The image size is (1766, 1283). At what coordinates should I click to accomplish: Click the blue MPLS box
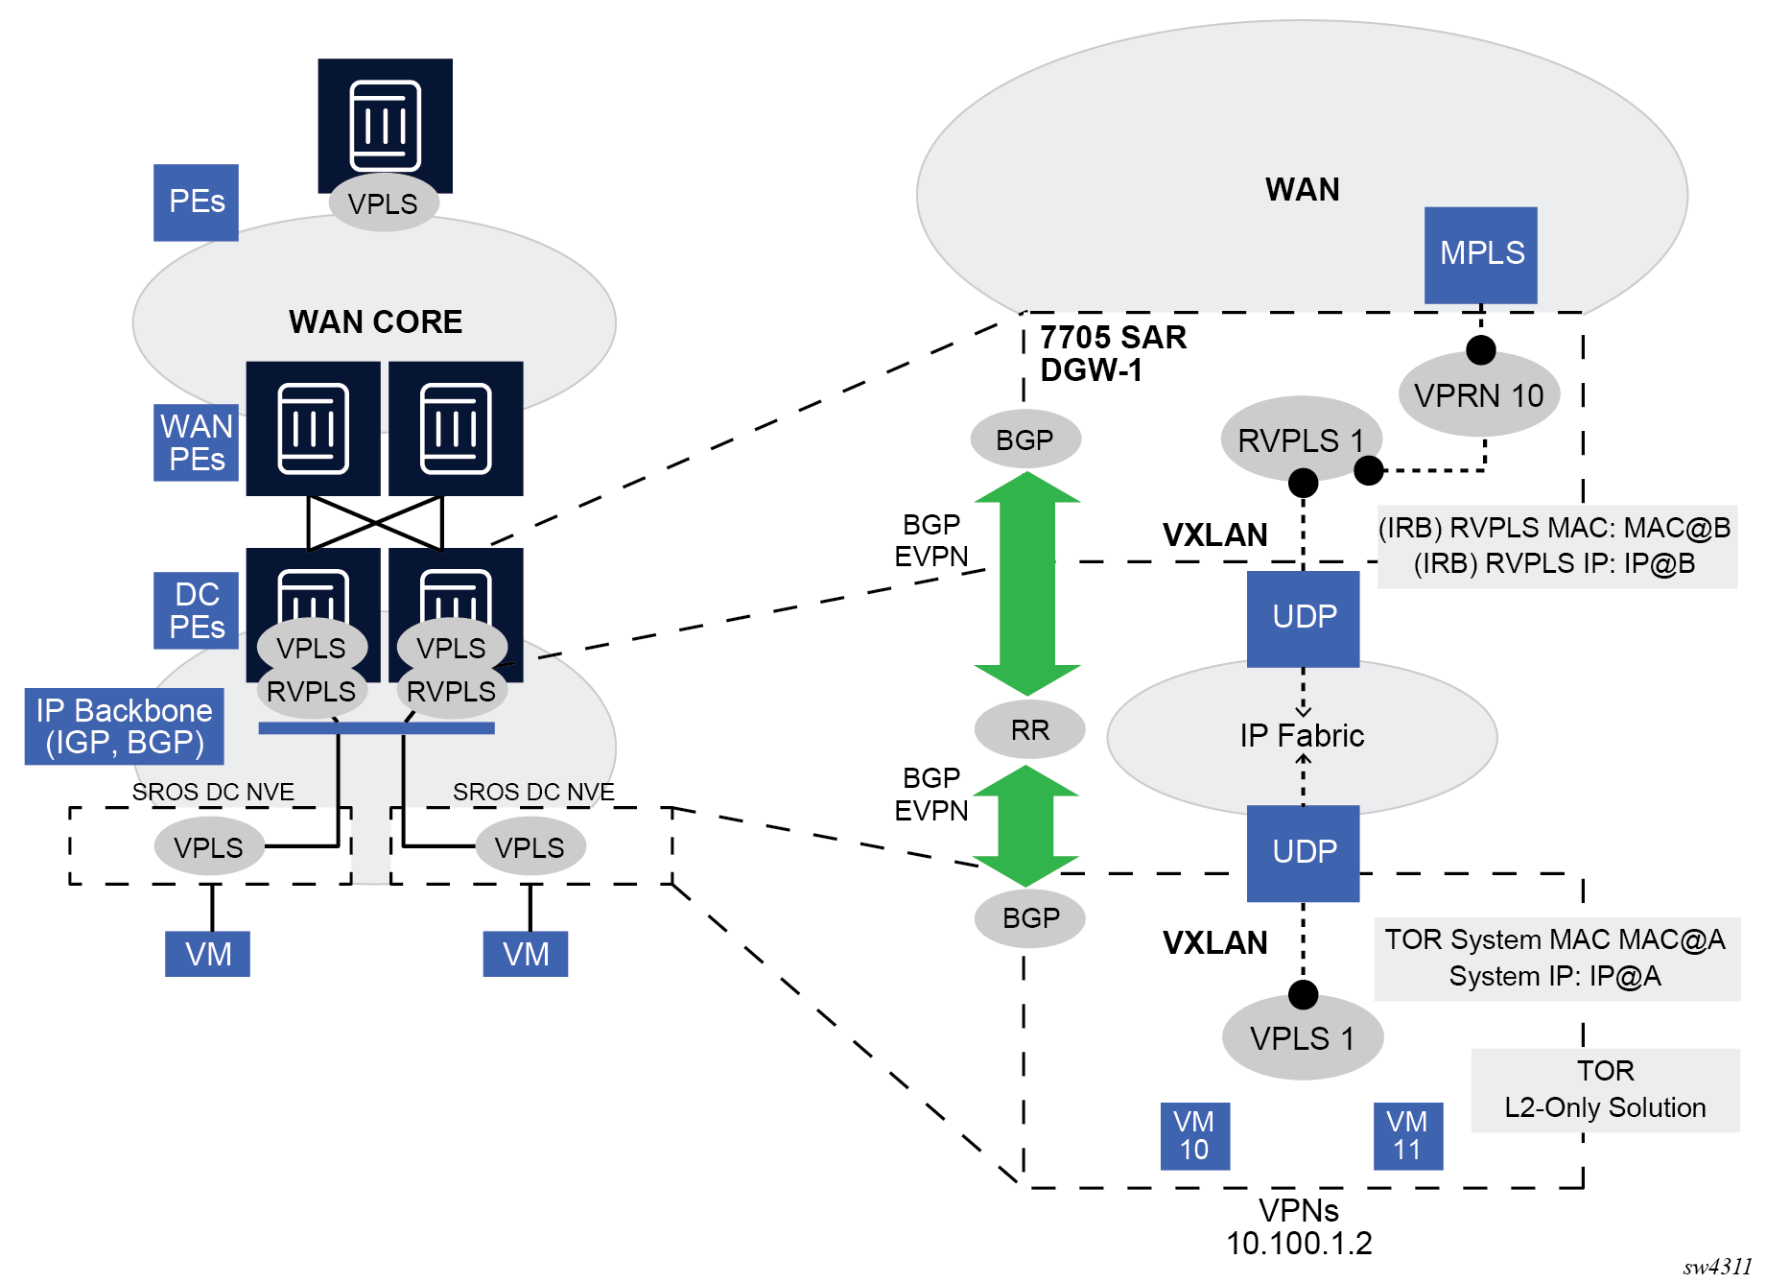click(x=1480, y=254)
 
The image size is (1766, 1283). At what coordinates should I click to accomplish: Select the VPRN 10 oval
click(x=1478, y=395)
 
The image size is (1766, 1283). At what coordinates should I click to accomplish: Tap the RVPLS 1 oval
click(x=1300, y=440)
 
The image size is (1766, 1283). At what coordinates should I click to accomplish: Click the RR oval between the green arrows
click(x=1029, y=730)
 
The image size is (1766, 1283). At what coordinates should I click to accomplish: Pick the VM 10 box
click(x=1194, y=1136)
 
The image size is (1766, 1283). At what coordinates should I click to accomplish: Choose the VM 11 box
click(x=1407, y=1136)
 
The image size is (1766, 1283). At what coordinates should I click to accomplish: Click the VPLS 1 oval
click(x=1302, y=1038)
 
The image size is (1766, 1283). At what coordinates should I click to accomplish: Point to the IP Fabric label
click(x=1301, y=736)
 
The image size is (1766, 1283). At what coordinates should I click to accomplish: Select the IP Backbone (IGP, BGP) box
click(x=124, y=726)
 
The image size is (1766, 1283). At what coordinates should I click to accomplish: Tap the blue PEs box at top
click(x=196, y=202)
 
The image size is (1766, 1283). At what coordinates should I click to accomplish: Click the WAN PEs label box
click(x=196, y=442)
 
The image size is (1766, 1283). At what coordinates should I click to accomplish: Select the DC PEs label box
click(x=196, y=610)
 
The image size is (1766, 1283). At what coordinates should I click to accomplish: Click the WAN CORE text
click(x=375, y=322)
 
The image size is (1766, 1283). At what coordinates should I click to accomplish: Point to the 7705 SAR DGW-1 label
click(x=1113, y=353)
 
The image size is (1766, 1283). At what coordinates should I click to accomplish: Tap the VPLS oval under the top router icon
click(x=383, y=203)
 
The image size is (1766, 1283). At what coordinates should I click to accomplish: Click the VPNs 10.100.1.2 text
click(x=1299, y=1227)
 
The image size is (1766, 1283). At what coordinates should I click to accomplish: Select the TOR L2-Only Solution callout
click(x=1605, y=1089)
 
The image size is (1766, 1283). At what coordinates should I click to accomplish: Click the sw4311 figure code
click(x=1717, y=1267)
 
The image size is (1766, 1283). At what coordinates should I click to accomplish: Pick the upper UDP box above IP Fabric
click(x=1303, y=618)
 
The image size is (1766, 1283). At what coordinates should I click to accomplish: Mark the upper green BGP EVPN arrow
click(x=1027, y=582)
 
